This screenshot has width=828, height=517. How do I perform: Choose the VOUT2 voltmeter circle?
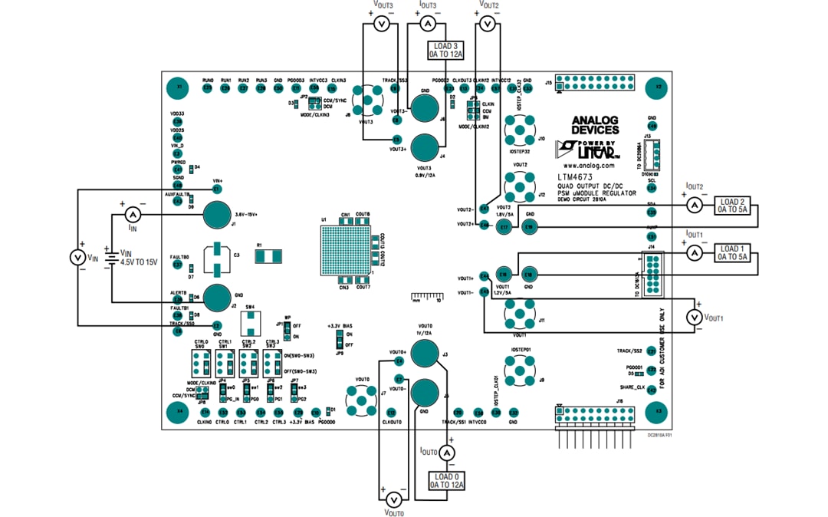[x=485, y=25]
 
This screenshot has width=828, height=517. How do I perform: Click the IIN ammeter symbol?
[x=131, y=214]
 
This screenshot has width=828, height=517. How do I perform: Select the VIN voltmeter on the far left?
[x=77, y=258]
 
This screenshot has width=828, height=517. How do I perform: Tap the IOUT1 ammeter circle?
[x=693, y=252]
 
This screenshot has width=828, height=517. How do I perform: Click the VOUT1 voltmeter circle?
[x=693, y=318]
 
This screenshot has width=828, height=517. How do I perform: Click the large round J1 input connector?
[x=218, y=215]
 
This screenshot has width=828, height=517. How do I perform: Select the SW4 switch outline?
[x=249, y=321]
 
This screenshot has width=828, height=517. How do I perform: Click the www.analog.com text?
[x=588, y=164]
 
